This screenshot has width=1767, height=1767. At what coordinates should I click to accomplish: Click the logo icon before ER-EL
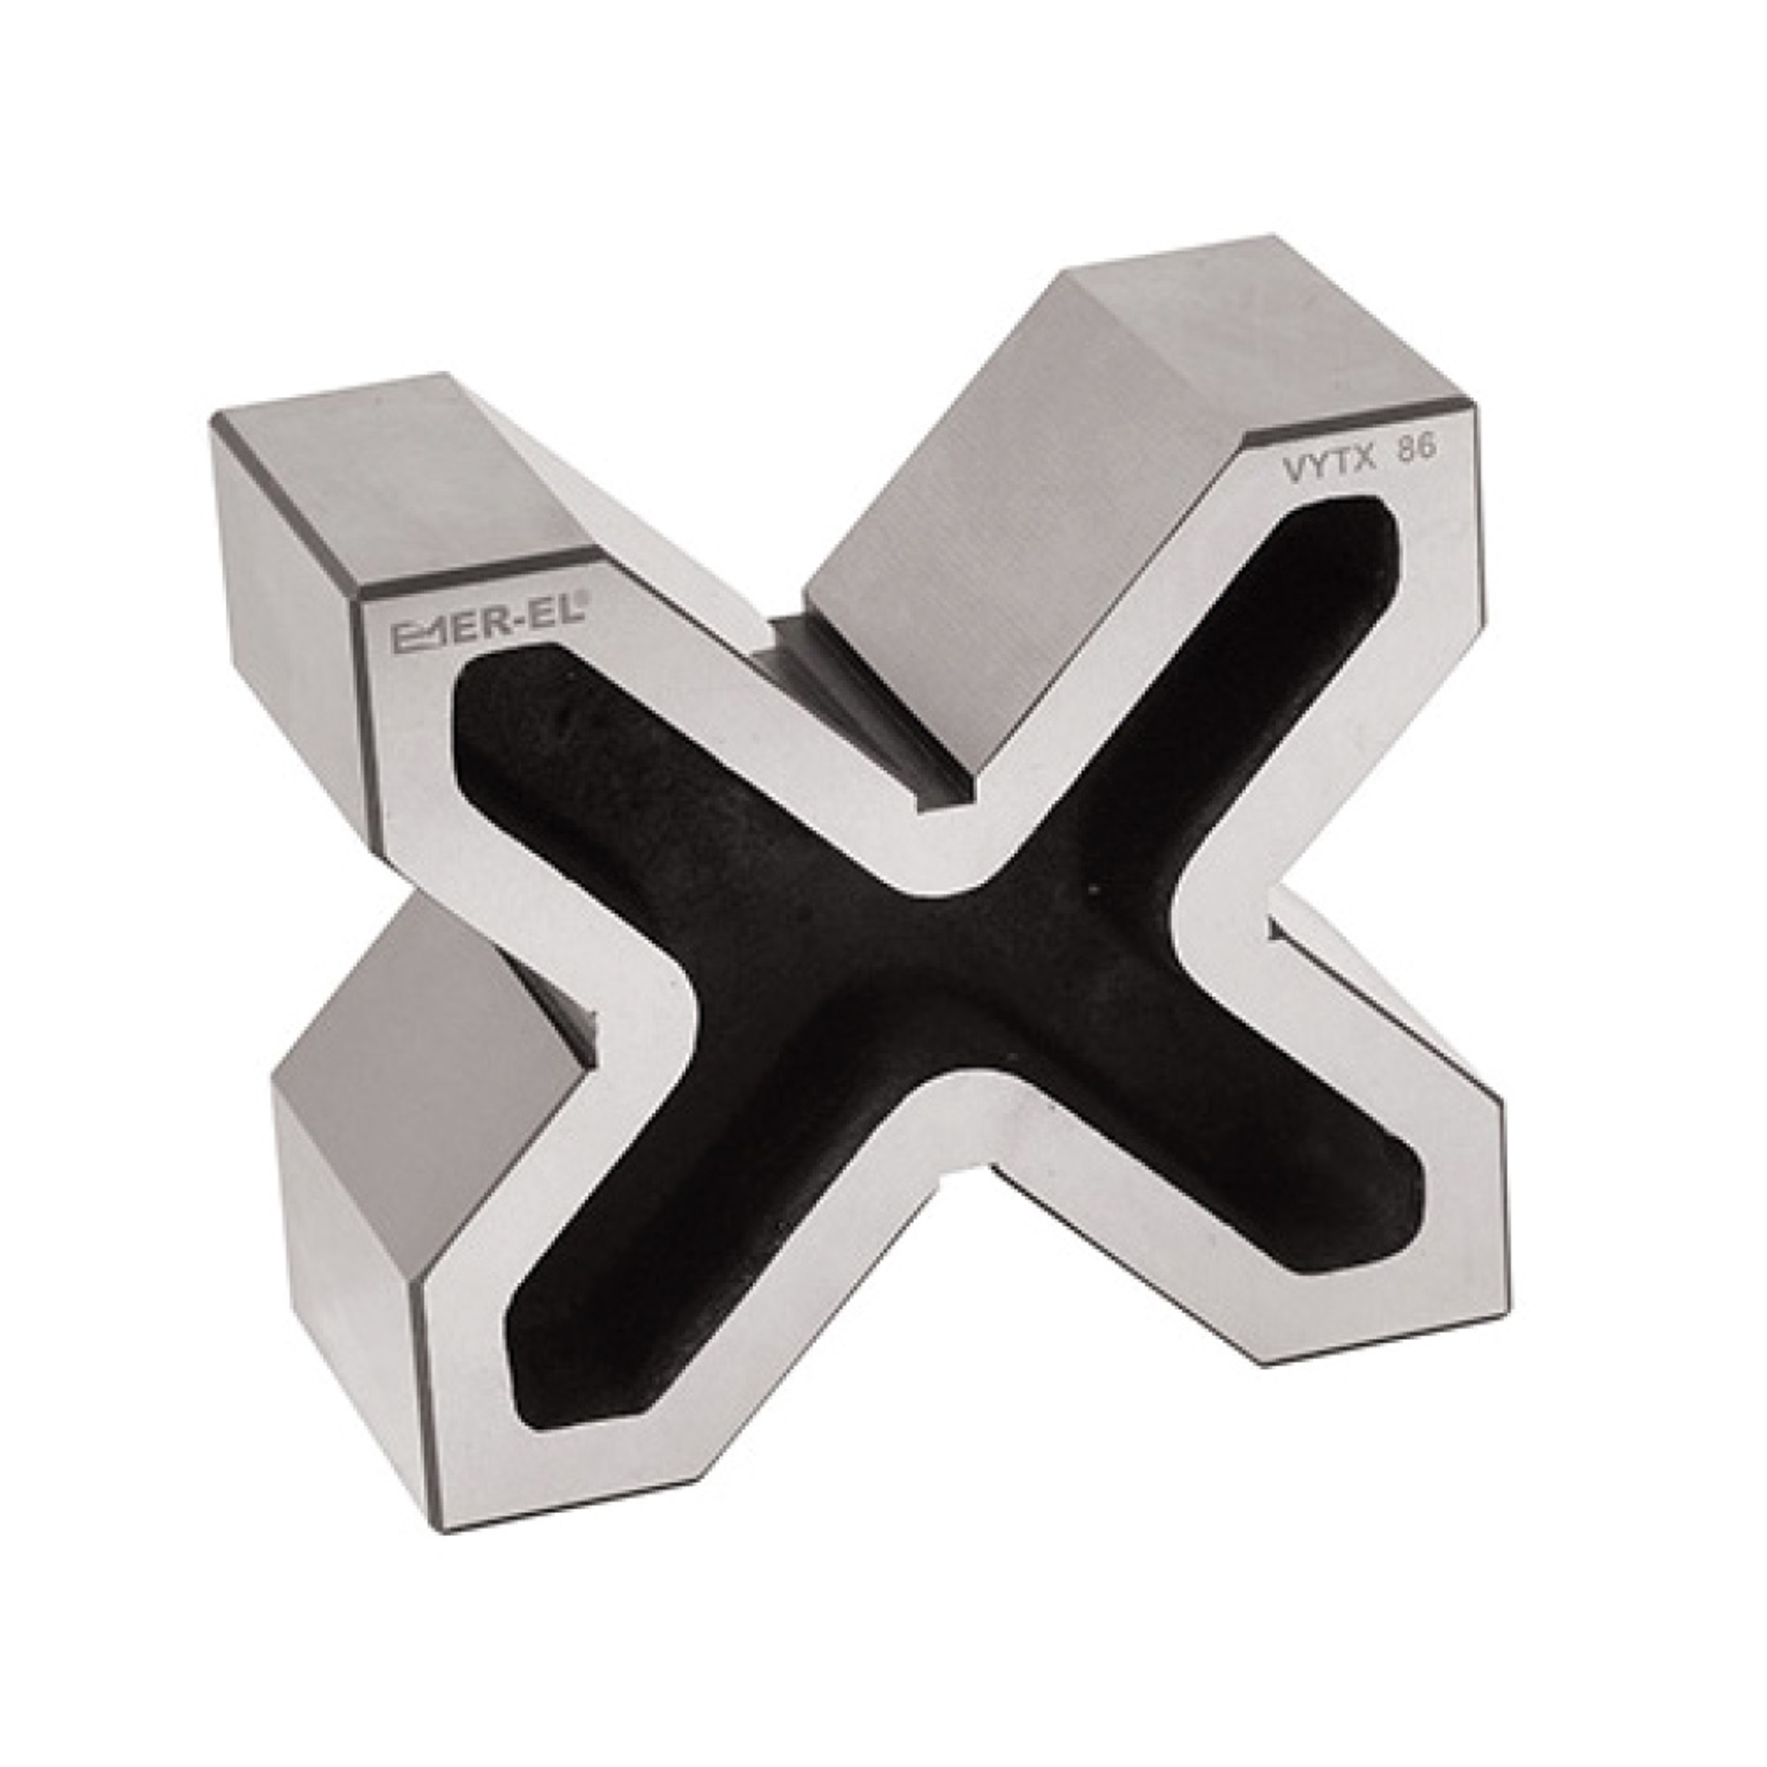417,637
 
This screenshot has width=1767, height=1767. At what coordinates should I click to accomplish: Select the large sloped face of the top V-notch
997,512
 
